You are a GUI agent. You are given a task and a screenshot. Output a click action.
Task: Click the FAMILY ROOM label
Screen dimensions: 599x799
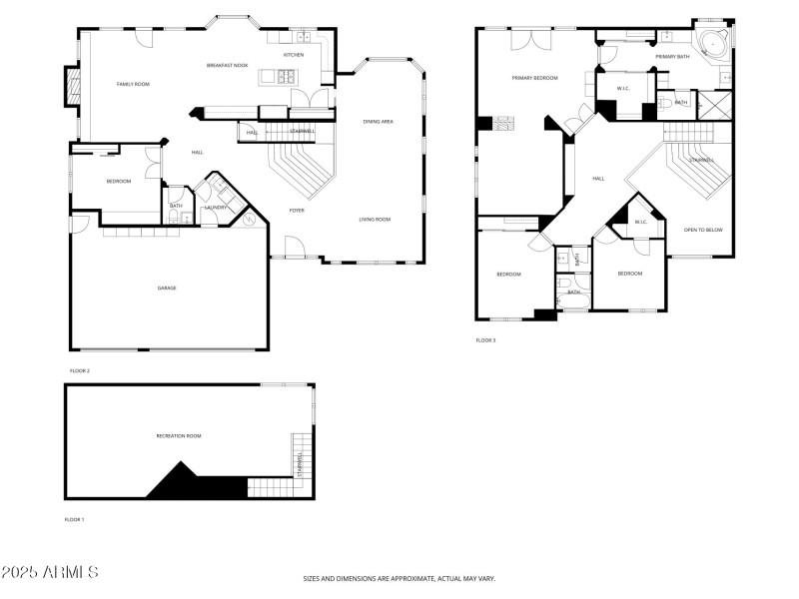(x=133, y=84)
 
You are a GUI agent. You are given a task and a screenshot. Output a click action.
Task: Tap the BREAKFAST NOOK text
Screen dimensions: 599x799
(x=227, y=65)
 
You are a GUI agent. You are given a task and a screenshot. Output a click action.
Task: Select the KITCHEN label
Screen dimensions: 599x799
(x=294, y=55)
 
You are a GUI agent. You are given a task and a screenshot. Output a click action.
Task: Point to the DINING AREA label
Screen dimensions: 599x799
(x=378, y=121)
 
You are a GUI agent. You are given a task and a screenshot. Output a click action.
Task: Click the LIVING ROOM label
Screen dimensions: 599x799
(x=376, y=219)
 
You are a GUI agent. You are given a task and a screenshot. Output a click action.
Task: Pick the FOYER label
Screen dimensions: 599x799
(x=297, y=211)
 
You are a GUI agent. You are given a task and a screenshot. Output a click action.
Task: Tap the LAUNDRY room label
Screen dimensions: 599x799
(x=216, y=207)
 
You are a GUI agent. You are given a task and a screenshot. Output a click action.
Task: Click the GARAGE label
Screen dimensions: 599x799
(x=167, y=288)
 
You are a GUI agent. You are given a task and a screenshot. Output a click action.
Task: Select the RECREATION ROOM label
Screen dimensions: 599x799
(x=179, y=435)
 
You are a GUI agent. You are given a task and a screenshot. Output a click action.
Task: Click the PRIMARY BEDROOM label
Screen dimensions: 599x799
(x=534, y=77)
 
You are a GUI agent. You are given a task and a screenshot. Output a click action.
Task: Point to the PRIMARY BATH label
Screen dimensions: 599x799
(x=672, y=57)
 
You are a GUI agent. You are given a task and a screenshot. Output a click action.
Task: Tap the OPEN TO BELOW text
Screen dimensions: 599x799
(x=703, y=230)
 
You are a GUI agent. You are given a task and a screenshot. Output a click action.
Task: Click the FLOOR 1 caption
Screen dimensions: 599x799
(x=75, y=520)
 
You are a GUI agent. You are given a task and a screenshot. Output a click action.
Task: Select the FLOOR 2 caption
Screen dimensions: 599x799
(x=80, y=370)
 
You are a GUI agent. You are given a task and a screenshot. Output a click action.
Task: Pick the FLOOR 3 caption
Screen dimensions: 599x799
(x=485, y=340)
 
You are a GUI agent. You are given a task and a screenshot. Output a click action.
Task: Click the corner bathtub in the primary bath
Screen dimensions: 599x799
(x=713, y=45)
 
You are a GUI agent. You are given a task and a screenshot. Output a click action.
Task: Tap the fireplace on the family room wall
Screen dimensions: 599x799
(x=70, y=87)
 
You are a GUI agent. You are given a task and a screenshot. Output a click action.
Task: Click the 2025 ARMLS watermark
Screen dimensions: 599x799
(x=50, y=573)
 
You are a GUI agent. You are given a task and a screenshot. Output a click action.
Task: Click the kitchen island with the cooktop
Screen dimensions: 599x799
(x=281, y=76)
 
